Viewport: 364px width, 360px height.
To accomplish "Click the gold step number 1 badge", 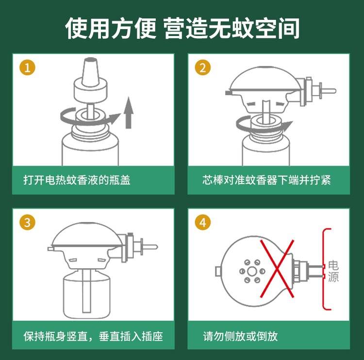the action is [x=27, y=68].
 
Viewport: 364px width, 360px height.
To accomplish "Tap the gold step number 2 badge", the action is [x=203, y=68].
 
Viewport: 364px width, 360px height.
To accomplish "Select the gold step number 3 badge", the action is [x=27, y=223].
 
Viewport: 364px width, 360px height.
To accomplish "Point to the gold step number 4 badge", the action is [x=203, y=223].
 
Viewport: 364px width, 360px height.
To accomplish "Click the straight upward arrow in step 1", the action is [x=129, y=113].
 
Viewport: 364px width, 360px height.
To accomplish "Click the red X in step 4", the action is [x=277, y=269].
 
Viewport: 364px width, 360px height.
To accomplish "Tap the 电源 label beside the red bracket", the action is [x=333, y=272].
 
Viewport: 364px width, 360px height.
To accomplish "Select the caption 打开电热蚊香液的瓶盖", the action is [x=77, y=180].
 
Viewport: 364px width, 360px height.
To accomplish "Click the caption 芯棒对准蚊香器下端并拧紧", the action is [x=266, y=180].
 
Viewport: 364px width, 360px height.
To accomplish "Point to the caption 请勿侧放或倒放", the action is [x=240, y=336].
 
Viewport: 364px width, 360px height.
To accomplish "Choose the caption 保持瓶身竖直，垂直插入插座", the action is [x=93, y=336].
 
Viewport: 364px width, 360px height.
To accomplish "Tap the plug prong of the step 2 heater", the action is [x=328, y=91].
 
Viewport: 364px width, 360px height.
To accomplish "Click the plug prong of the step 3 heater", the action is [x=150, y=247].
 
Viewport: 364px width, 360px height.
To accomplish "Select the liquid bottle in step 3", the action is [x=86, y=293].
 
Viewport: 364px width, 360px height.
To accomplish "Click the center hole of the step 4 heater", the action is [x=252, y=271].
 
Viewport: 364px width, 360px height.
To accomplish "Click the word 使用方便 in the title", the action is [x=111, y=29].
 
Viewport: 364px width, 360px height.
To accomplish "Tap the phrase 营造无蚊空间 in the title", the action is [x=231, y=29].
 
